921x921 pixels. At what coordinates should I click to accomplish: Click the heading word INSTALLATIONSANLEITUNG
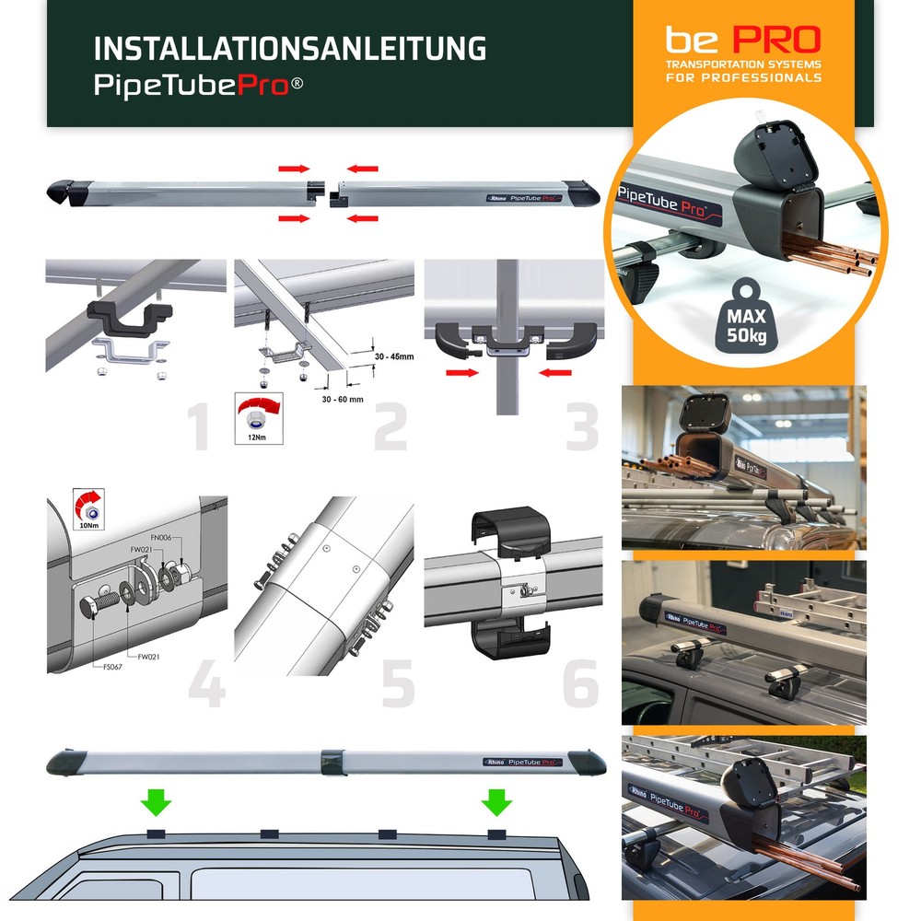[290, 49]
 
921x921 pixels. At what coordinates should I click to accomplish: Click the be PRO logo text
[742, 41]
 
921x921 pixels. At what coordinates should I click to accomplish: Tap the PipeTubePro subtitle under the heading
[199, 86]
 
